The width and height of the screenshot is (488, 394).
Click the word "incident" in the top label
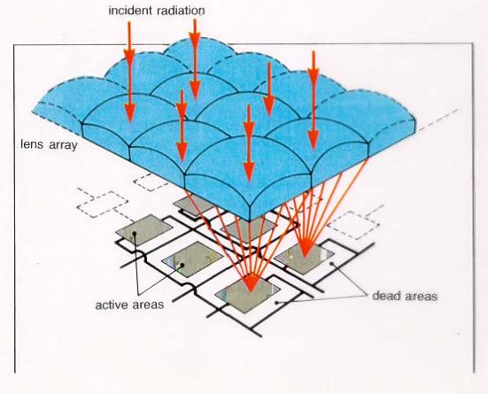tap(130, 11)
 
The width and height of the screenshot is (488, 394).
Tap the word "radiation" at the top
tap(181, 11)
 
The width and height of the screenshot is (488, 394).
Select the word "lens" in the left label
tap(32, 144)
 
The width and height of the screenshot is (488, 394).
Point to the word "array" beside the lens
tap(63, 145)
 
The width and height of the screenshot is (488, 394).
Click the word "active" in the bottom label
tap(112, 305)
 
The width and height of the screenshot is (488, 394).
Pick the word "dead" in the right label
tap(386, 296)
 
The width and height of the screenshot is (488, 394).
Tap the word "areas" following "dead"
tap(422, 297)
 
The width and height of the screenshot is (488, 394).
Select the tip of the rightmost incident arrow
tap(314, 149)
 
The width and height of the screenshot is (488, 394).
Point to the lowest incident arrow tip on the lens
tap(249, 181)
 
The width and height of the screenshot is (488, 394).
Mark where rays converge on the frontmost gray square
tap(251, 290)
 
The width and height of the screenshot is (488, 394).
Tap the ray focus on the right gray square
tap(306, 257)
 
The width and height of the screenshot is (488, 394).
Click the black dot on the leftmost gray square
tap(135, 233)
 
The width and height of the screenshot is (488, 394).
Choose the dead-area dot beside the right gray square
tap(332, 264)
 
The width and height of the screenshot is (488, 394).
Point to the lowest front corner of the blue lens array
tap(250, 220)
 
